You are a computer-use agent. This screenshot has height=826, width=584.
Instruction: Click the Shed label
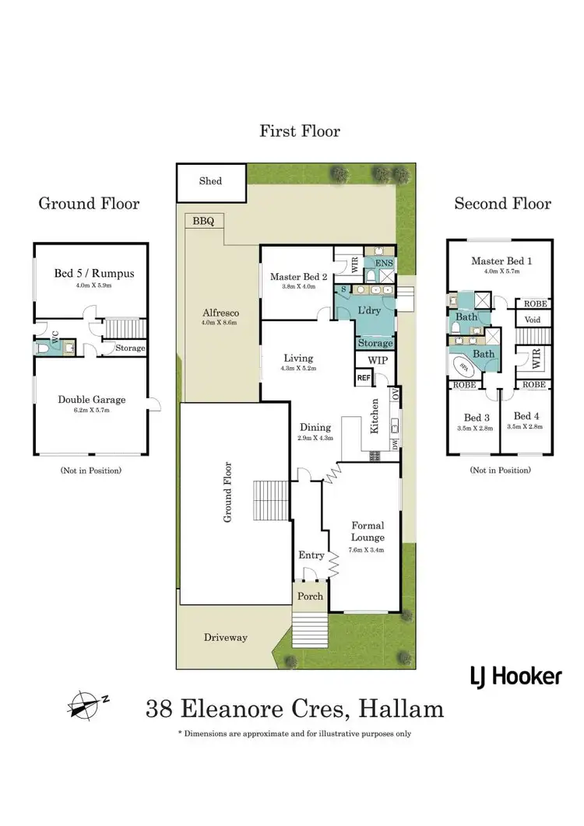point(210,181)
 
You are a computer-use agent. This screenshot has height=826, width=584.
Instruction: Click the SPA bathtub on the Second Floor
point(466,367)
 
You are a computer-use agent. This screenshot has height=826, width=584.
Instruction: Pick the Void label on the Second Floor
point(533,320)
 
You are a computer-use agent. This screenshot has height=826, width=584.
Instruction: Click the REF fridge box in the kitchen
point(364,378)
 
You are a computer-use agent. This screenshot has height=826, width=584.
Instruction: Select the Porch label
point(308,596)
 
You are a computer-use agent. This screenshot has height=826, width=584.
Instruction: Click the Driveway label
point(225,638)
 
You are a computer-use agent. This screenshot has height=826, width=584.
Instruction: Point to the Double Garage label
point(91,400)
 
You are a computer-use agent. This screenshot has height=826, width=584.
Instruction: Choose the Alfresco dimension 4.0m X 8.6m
point(219,322)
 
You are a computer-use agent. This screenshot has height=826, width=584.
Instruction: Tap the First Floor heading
point(300,131)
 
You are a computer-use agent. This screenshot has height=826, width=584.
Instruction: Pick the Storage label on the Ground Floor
point(130,348)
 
